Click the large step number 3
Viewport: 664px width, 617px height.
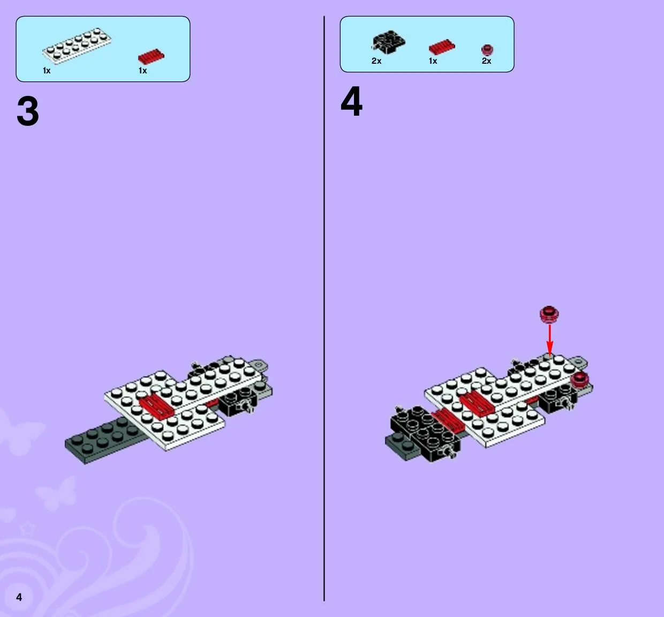tap(28, 111)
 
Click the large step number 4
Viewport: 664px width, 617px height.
tap(351, 101)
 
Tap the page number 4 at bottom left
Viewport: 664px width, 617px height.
tap(19, 597)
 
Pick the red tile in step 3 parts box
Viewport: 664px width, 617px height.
tap(151, 57)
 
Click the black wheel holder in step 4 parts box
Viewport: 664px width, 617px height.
tap(388, 42)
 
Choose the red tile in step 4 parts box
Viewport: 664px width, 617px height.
tap(442, 47)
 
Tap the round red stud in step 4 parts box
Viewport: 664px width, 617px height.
tap(487, 50)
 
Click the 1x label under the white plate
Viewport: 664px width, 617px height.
tap(47, 71)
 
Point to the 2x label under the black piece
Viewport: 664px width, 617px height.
tap(376, 61)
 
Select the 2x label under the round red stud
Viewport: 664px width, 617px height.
tap(486, 61)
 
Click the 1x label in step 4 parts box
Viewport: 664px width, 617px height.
tap(433, 61)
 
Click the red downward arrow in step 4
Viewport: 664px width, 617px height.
tap(549, 339)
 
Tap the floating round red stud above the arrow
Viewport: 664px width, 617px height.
tap(549, 314)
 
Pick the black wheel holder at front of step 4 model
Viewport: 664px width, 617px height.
tap(425, 434)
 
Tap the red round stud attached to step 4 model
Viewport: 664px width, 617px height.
tap(580, 380)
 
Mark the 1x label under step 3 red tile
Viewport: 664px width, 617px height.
tap(143, 71)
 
